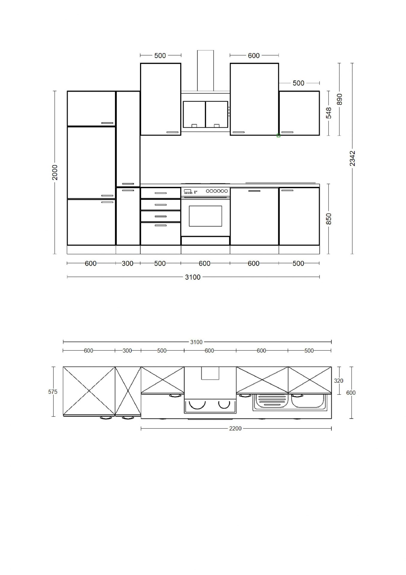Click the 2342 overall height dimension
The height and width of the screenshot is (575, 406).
[x=352, y=158]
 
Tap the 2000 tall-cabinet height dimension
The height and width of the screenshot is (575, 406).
[x=55, y=172]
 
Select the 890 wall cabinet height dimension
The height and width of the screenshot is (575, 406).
[x=339, y=99]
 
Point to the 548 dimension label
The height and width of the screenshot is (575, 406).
[x=329, y=113]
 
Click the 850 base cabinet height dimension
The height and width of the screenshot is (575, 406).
[x=329, y=219]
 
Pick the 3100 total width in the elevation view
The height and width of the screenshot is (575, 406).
[x=193, y=277]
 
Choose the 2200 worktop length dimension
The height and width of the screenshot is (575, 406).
[x=235, y=429]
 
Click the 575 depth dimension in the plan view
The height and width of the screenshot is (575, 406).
[x=53, y=392]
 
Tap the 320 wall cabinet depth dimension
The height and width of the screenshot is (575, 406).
[x=338, y=381]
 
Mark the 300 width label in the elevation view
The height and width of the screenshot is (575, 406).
[x=127, y=264]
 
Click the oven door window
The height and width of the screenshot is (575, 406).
[x=206, y=216]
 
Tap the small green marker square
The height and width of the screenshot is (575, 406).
[x=279, y=136]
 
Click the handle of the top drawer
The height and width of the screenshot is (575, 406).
[x=161, y=193]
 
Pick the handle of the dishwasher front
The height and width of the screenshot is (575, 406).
[x=254, y=191]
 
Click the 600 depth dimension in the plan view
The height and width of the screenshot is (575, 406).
[x=351, y=393]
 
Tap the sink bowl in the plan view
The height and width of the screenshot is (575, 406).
[x=308, y=401]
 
